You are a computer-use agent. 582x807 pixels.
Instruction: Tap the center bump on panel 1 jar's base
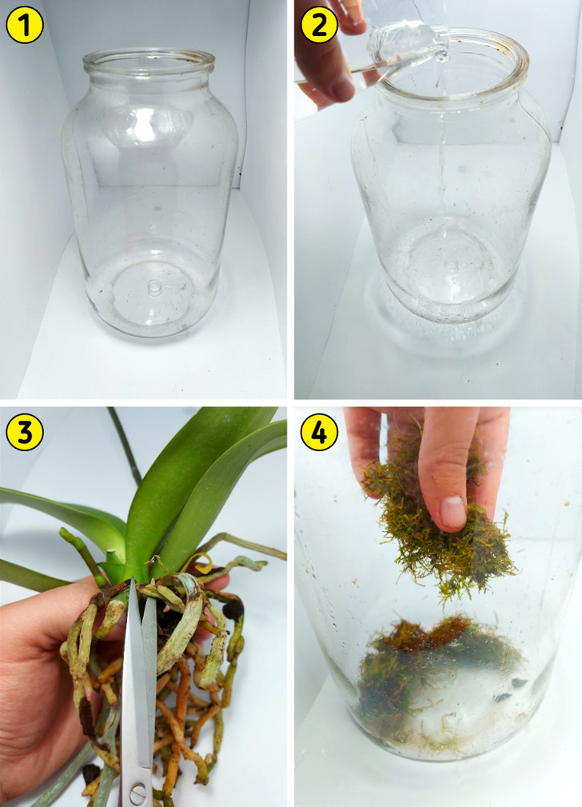click(154, 286)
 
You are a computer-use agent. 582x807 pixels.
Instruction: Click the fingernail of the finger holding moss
click(452, 513)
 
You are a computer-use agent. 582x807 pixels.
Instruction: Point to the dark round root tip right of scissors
click(233, 609)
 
